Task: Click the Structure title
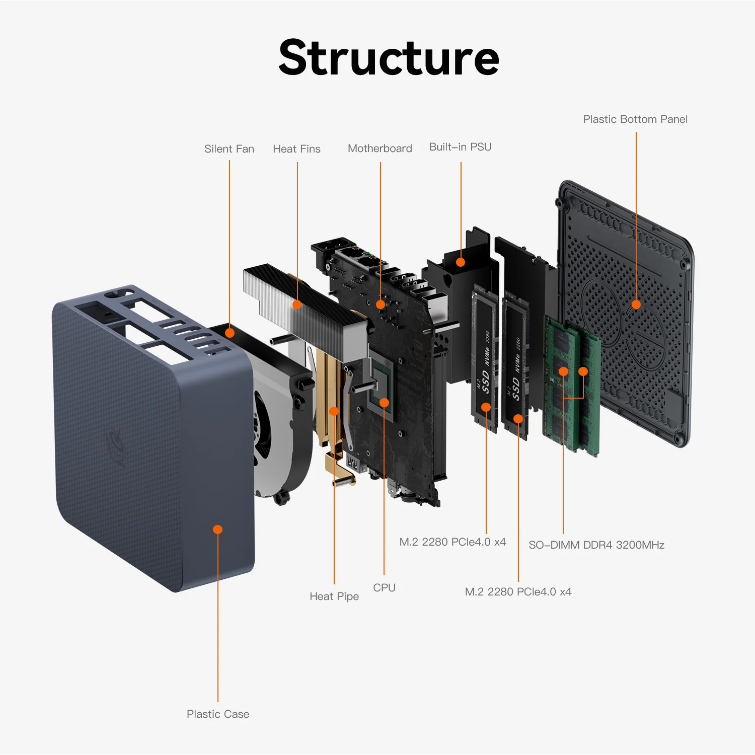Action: (389, 58)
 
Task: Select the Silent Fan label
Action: (229, 149)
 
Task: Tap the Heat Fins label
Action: (296, 149)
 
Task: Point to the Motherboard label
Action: (380, 148)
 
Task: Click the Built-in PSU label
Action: (460, 147)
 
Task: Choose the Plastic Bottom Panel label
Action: (635, 119)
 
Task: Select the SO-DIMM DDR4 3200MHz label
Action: (596, 545)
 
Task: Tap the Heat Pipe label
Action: (334, 596)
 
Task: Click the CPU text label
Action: (384, 588)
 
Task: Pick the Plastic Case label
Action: (218, 714)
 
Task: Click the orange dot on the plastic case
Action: (217, 530)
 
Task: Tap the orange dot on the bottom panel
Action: (636, 305)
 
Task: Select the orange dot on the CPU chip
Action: (384, 403)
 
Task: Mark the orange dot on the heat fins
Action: (297, 305)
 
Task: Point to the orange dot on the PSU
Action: (461, 262)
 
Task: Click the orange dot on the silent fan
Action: (230, 333)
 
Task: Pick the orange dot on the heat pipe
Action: (334, 411)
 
